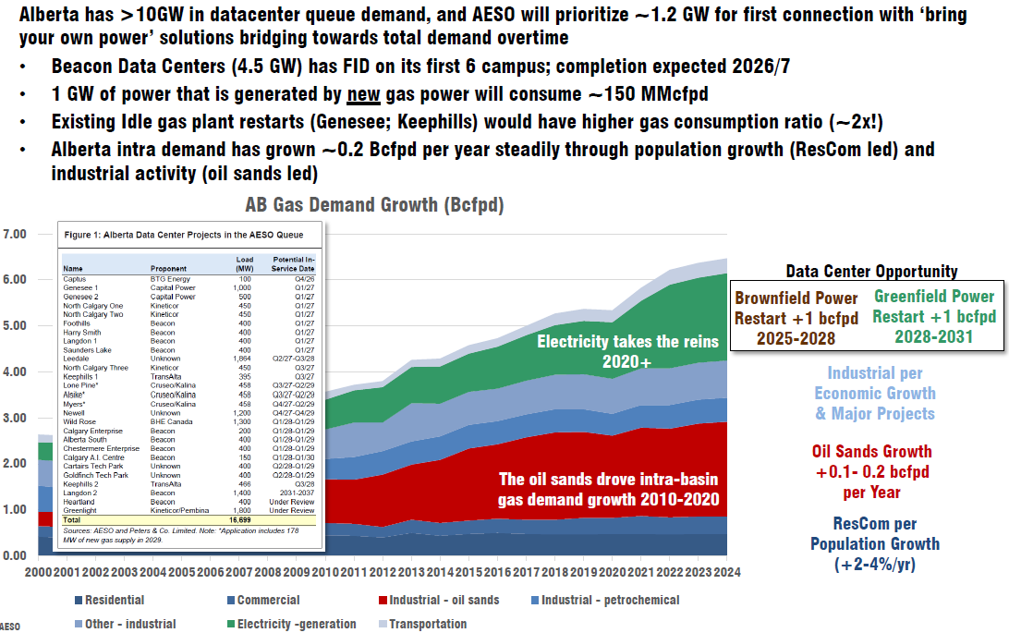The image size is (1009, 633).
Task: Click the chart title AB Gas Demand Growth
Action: [373, 204]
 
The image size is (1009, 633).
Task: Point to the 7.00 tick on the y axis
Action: [14, 234]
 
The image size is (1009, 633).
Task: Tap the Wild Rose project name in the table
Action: [79, 422]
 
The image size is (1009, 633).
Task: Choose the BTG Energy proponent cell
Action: [170, 278]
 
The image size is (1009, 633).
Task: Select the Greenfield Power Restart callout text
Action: [933, 317]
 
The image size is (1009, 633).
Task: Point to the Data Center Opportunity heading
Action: [871, 272]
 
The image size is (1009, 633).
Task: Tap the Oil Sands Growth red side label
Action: [870, 469]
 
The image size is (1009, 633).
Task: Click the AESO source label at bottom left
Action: [10, 626]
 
